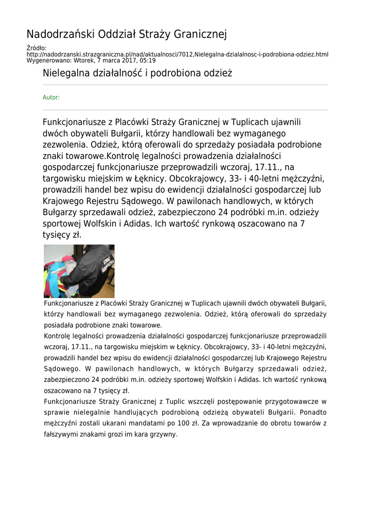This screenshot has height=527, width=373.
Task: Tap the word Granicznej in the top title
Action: coord(201,34)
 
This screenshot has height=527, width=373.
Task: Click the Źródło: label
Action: coord(37,48)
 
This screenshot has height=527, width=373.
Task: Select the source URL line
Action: coord(177,54)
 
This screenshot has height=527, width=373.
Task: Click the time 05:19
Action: coord(147,60)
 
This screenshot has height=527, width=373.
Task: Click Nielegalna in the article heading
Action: coord(66,73)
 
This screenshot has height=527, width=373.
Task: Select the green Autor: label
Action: coord(51,97)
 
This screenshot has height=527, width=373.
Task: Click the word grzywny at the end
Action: coord(164,434)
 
